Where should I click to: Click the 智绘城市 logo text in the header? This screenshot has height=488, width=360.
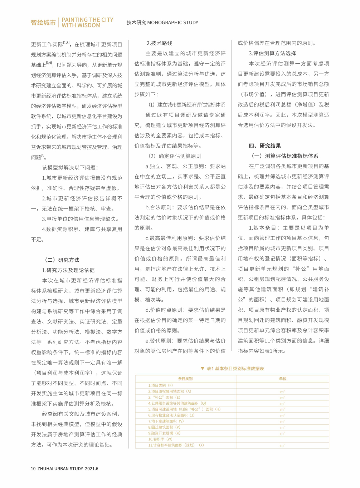(43, 23)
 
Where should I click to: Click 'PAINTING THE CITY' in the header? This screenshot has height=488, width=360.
(87, 20)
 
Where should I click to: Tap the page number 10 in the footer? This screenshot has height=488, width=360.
(33, 468)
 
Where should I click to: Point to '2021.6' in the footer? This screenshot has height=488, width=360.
(91, 468)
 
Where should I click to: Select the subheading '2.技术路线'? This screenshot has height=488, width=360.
(159, 43)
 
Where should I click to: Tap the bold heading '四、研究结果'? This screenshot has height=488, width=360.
(265, 146)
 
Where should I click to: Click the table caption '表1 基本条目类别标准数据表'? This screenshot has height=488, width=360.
(235, 368)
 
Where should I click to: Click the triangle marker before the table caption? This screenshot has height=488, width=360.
(203, 368)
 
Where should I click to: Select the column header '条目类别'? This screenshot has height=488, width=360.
(185, 379)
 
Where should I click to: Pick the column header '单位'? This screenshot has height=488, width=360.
(283, 379)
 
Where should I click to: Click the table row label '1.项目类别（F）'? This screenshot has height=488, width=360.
(160, 385)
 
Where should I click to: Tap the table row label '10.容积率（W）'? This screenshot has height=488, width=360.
(160, 439)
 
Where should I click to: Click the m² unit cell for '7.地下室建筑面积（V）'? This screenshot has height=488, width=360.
(282, 422)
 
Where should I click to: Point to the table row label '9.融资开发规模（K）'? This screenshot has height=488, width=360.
(164, 433)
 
